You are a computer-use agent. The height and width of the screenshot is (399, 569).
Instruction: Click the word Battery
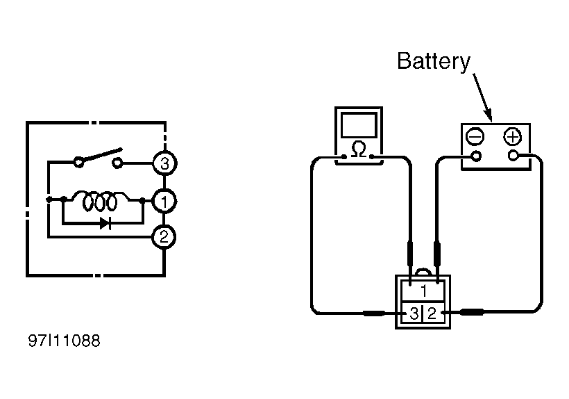pyautogui.click(x=434, y=62)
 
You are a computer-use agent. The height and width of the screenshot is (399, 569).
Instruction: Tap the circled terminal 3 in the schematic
pyautogui.click(x=164, y=163)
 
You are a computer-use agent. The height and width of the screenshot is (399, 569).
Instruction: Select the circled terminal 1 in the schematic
pyautogui.click(x=164, y=202)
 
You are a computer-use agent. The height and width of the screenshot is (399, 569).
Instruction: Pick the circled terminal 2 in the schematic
pyautogui.click(x=164, y=237)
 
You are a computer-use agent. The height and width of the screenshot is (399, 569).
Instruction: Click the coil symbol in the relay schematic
pyautogui.click(x=100, y=201)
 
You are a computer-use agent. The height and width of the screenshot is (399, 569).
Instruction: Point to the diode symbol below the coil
pyautogui.click(x=105, y=224)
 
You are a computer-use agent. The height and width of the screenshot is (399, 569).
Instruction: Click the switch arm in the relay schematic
pyautogui.click(x=100, y=155)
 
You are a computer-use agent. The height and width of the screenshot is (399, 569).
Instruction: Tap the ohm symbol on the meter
pyautogui.click(x=359, y=149)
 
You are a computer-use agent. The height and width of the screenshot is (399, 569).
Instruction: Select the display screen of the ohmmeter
pyautogui.click(x=359, y=125)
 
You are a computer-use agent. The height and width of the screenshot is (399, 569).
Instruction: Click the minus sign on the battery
pyautogui.click(x=475, y=137)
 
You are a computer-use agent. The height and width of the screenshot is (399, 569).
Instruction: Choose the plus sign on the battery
pyautogui.click(x=512, y=137)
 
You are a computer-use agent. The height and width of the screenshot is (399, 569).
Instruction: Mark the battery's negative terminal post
pyautogui.click(x=476, y=156)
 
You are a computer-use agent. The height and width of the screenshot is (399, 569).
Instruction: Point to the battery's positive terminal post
pyautogui.click(x=513, y=156)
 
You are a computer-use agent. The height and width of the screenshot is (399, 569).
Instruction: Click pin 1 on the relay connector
pyautogui.click(x=423, y=291)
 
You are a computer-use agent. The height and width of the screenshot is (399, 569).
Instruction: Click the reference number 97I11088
pyautogui.click(x=65, y=341)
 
